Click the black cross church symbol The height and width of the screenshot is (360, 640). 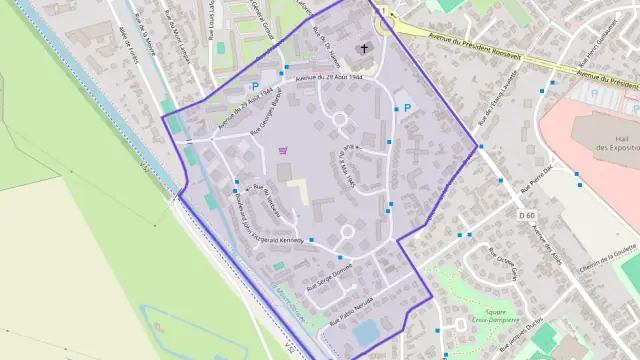point(364,47)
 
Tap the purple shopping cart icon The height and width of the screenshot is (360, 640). point(284,151)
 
